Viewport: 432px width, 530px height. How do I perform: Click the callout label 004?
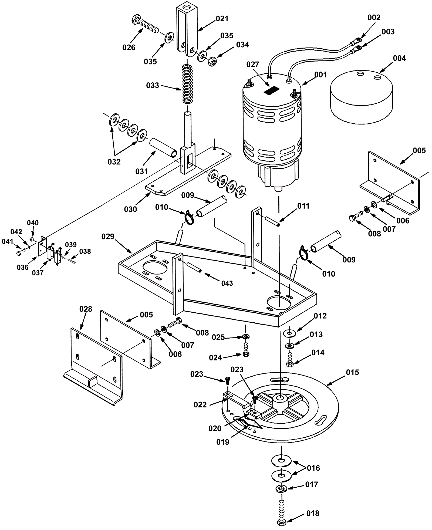pos(399,58)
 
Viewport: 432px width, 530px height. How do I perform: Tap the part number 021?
pos(222,19)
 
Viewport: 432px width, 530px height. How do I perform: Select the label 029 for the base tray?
pos(108,237)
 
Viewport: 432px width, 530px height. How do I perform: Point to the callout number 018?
pos(313,513)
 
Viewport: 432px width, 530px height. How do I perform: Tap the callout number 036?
pos(23,267)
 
